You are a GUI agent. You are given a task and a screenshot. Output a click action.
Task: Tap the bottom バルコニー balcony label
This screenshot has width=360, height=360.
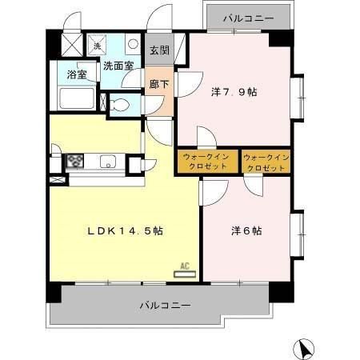[x=164, y=306]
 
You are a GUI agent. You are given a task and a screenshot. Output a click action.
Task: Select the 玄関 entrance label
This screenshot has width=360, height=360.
[x=158, y=50]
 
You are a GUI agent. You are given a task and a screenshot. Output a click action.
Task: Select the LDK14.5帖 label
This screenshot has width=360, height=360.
[x=126, y=230]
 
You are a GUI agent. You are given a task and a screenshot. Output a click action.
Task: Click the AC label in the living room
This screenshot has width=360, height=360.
[x=184, y=264]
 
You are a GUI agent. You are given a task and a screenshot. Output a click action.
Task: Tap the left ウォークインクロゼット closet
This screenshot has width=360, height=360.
[x=207, y=161]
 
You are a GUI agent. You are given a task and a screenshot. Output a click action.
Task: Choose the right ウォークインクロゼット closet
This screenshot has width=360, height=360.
[x=264, y=161]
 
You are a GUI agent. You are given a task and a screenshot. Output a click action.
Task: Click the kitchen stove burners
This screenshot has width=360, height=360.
[x=74, y=161]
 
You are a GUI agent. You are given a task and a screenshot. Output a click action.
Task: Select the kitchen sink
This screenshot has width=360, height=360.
[x=108, y=162]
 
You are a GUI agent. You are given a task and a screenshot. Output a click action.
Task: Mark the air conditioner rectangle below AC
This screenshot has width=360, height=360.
[x=184, y=274]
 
